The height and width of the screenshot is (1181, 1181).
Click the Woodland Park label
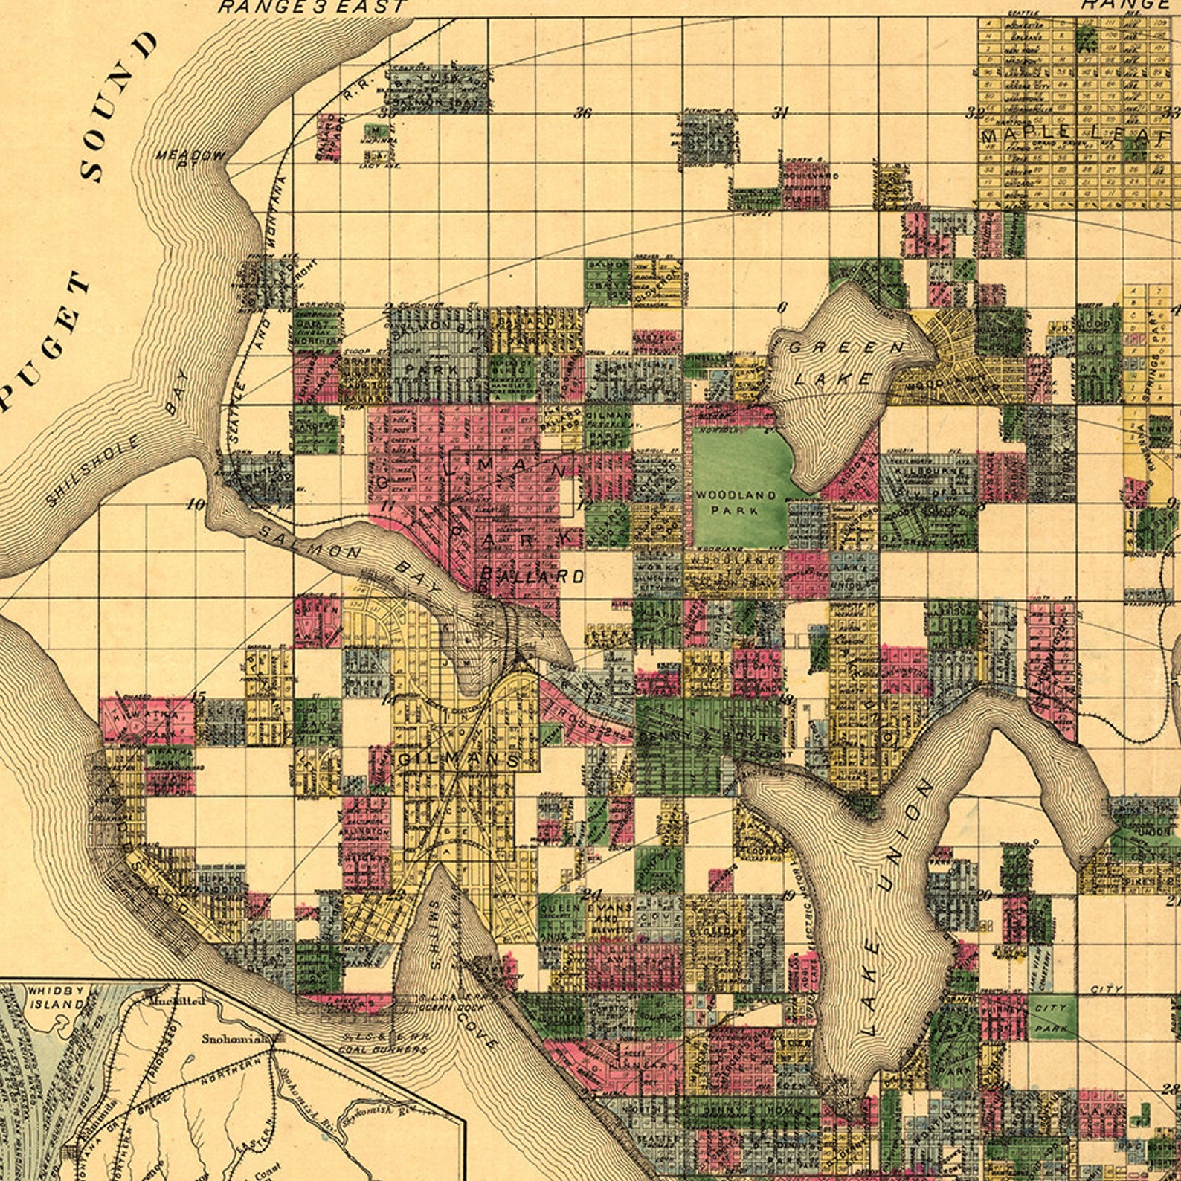tap(736, 502)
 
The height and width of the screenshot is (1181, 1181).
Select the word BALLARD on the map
tap(532, 576)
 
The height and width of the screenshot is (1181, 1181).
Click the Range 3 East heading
tap(312, 7)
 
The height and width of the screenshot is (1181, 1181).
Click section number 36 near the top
tap(582, 114)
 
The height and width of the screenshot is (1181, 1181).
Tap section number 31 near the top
tap(779, 113)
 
